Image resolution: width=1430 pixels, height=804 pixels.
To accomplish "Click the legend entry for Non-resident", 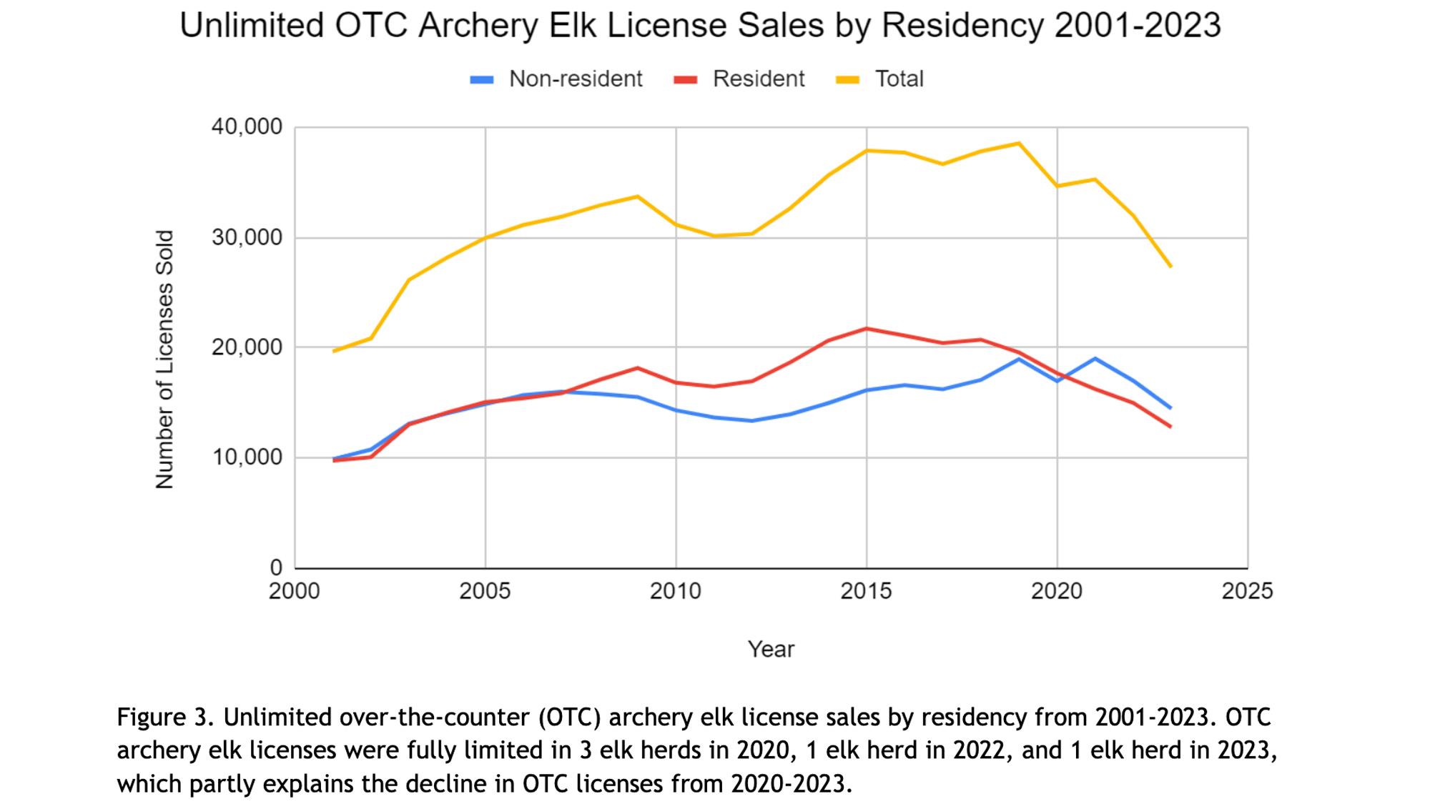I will (557, 79).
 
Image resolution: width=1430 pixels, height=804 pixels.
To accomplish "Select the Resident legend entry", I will (740, 79).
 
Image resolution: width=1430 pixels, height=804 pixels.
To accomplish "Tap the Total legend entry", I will (881, 79).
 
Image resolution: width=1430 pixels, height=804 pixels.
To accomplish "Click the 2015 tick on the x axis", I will (866, 591).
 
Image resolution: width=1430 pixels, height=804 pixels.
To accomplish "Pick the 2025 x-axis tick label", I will (1247, 591).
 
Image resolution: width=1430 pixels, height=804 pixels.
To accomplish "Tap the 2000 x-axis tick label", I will (295, 591).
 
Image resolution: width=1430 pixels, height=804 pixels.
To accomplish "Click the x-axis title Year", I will (771, 649).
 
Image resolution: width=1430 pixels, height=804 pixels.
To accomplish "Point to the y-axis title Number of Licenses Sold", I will (164, 359).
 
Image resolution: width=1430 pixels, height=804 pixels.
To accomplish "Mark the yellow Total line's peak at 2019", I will (1019, 144).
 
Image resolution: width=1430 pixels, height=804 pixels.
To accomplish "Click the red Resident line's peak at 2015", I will (867, 329).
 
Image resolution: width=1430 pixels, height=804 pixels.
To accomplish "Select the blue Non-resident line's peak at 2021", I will (1095, 359).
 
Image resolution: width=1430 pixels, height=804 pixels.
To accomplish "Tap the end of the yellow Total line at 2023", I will (1170, 266).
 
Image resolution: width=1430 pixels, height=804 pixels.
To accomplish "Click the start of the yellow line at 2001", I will (334, 351).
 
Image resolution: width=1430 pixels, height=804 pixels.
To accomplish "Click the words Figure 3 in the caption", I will (162, 717).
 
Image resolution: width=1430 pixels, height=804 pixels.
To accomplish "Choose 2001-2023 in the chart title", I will (1137, 26).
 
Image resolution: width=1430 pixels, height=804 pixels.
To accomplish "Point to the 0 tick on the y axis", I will (276, 567).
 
